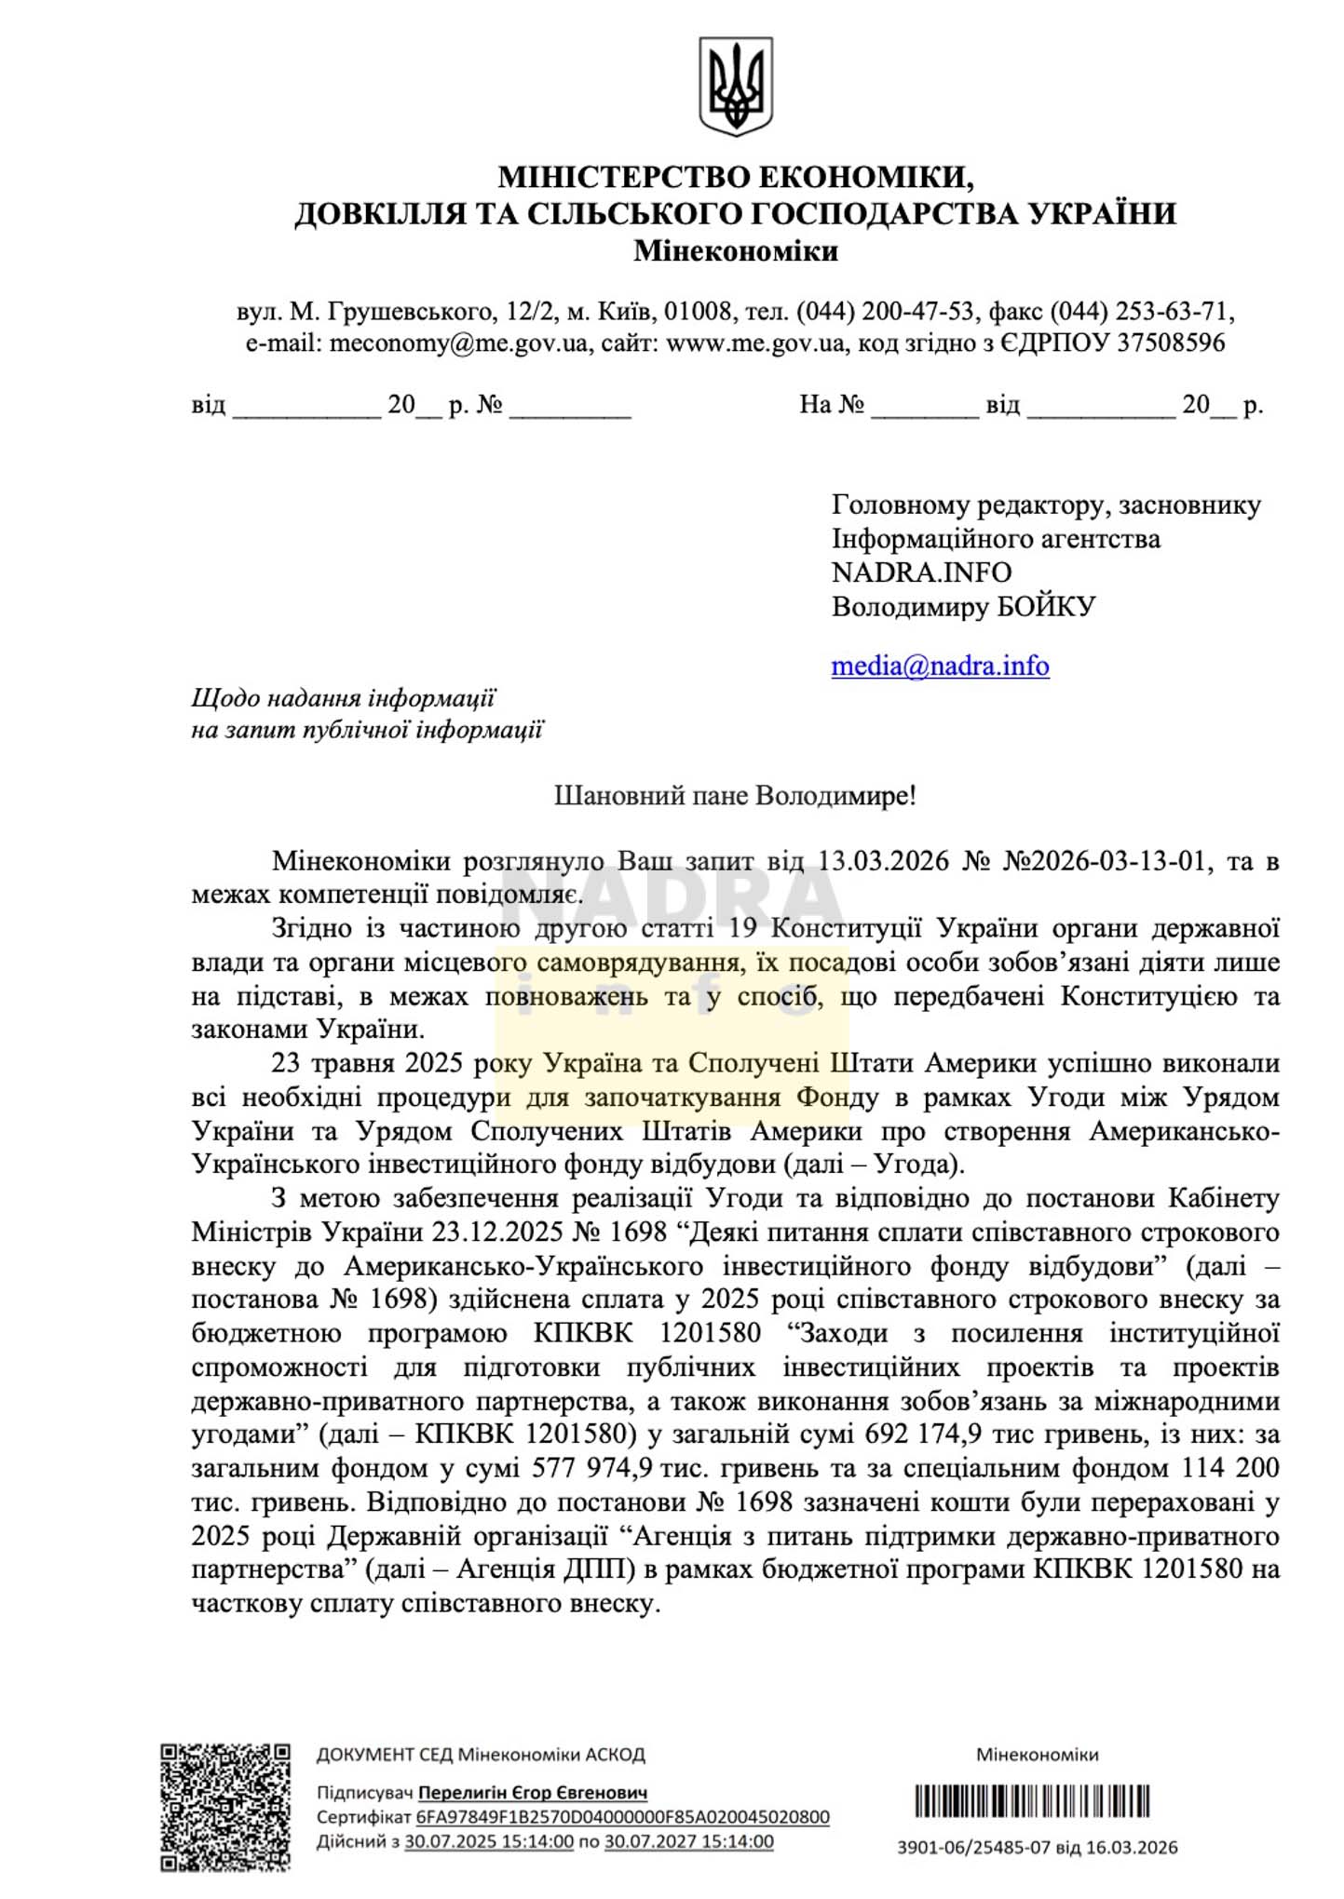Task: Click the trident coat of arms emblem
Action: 736,87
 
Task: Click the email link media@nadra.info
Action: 940,666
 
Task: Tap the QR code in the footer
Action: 224,1807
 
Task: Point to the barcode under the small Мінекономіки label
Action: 1032,1801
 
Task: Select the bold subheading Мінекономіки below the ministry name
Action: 736,251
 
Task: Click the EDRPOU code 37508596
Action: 1171,343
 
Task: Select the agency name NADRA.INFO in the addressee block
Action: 921,572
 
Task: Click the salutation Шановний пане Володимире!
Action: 735,796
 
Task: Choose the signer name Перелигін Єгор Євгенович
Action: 532,1792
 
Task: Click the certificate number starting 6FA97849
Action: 622,1816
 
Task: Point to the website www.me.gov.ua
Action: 755,343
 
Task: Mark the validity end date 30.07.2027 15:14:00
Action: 688,1840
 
